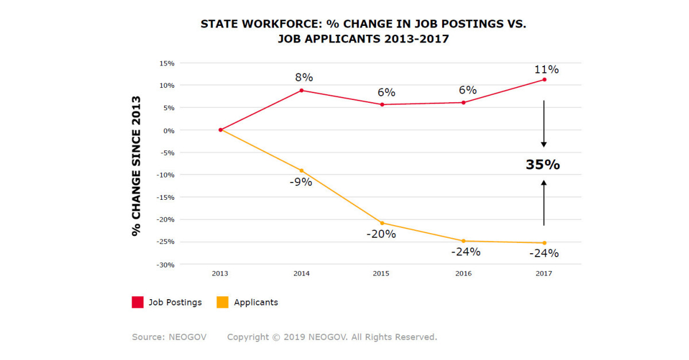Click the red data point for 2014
point(301,90)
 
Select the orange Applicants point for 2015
point(382,223)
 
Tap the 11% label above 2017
point(545,69)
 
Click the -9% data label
point(300,182)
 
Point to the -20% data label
point(382,234)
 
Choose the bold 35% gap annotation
point(543,165)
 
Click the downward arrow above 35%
point(544,124)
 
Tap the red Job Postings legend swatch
point(138,302)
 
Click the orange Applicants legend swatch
point(223,302)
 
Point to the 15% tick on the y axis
point(167,63)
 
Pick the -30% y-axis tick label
point(166,265)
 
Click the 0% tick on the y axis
point(169,130)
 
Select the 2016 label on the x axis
point(463,273)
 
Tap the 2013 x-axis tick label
point(220,273)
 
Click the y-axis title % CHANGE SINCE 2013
point(136,166)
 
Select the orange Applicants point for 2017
point(544,243)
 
